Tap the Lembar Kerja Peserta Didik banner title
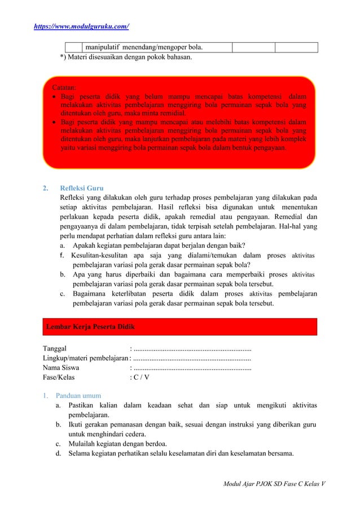click(x=90, y=326)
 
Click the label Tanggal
click(x=55, y=348)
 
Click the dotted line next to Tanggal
click(x=192, y=348)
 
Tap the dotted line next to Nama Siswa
click(x=192, y=368)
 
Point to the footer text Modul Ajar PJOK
click(x=276, y=484)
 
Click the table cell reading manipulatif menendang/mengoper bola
click(x=146, y=47)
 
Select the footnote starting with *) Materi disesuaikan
click(x=125, y=57)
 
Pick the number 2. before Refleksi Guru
click(x=46, y=188)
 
